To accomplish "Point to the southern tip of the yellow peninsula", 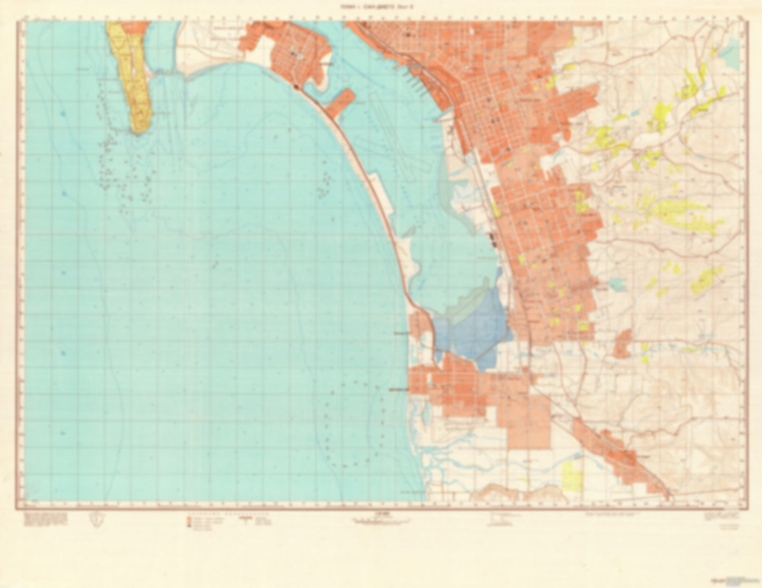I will click(138, 131).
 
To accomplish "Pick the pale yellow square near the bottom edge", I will click(572, 476).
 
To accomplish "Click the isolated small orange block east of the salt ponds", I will click(622, 343).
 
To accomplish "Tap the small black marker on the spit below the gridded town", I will click(297, 87).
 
